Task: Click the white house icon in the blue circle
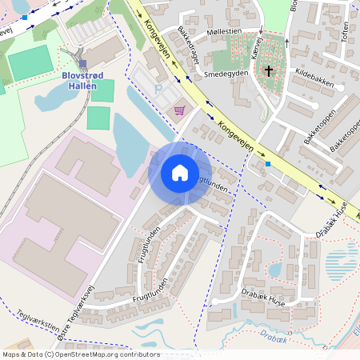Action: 180,173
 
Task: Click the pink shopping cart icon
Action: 181,110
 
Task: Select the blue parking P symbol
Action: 158,90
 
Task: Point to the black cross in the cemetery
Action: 269,71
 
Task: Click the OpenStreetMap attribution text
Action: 80,354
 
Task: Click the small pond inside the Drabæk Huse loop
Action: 274,270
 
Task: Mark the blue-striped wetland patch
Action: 341,265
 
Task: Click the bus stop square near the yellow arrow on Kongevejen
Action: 268,164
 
